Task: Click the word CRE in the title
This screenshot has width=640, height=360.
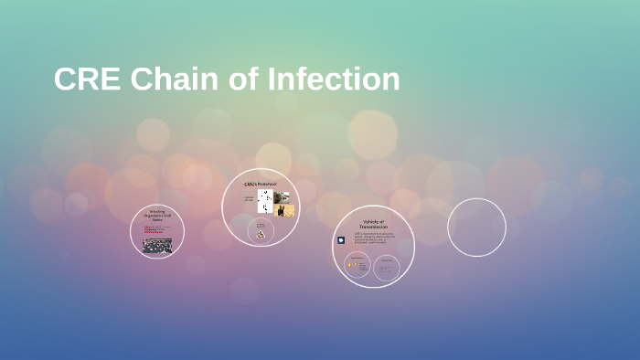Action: pos(86,79)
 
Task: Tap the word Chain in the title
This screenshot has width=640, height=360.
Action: pos(174,79)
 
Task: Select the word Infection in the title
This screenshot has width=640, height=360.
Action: pos(334,79)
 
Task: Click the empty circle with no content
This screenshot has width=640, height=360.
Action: pos(476,228)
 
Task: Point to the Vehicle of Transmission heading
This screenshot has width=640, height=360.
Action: pos(374,224)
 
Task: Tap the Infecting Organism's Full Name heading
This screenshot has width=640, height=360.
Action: pos(157,217)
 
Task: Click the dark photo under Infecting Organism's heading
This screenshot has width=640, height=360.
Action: pos(157,245)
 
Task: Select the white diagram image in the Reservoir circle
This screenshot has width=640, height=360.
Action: pos(264,201)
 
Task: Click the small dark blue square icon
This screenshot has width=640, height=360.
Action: pos(341,240)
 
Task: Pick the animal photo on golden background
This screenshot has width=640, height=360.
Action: pos(284,211)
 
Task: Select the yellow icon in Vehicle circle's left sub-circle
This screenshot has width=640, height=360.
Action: pos(349,266)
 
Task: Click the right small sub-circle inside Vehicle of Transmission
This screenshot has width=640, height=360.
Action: pos(388,267)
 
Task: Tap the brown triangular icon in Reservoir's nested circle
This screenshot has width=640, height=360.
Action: pos(261,235)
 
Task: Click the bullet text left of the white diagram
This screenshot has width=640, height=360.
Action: pos(249,199)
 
